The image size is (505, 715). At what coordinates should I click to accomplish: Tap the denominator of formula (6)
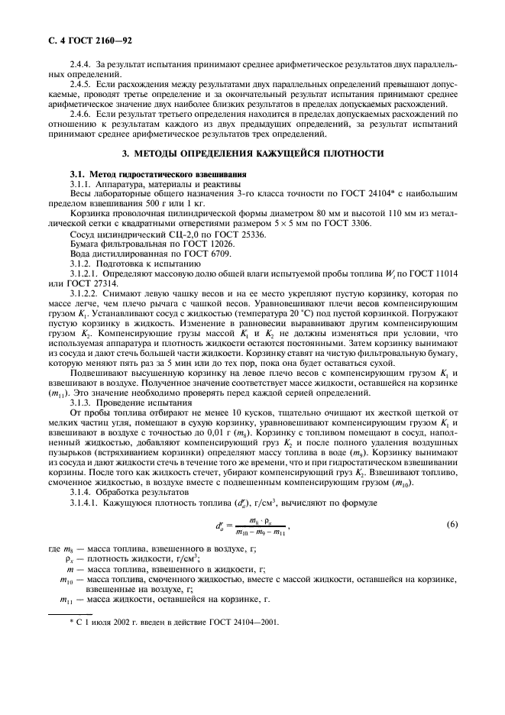pos(257,553)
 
